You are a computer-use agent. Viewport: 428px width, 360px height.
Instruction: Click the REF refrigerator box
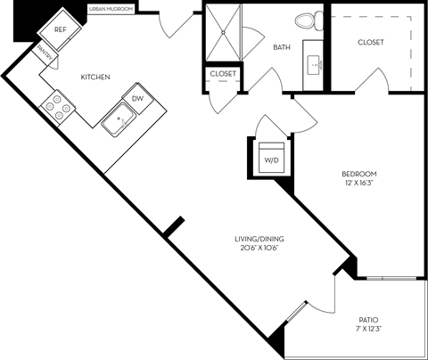(61, 29)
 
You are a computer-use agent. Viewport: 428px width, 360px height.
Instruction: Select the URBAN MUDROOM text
(111, 8)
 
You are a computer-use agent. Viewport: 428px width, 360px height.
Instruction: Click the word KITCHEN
(95, 78)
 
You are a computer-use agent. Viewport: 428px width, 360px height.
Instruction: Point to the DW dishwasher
(138, 99)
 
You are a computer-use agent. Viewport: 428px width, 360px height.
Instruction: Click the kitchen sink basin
(117, 119)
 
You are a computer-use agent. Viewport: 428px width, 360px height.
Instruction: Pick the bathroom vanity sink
(314, 63)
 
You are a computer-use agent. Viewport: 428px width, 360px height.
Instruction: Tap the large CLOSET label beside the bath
(371, 42)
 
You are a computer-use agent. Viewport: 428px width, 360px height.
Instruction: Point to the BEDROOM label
(359, 173)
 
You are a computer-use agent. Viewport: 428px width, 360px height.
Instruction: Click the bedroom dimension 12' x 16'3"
(359, 183)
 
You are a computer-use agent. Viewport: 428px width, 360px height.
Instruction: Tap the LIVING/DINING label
(259, 238)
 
